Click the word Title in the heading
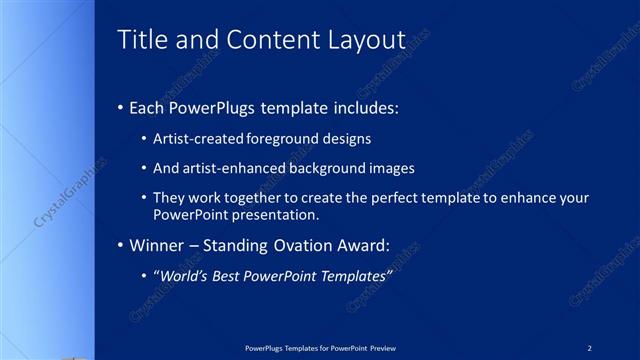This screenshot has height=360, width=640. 142,40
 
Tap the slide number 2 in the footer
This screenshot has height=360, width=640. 589,347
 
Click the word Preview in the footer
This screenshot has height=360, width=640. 379,347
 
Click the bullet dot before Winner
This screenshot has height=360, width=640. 121,245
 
